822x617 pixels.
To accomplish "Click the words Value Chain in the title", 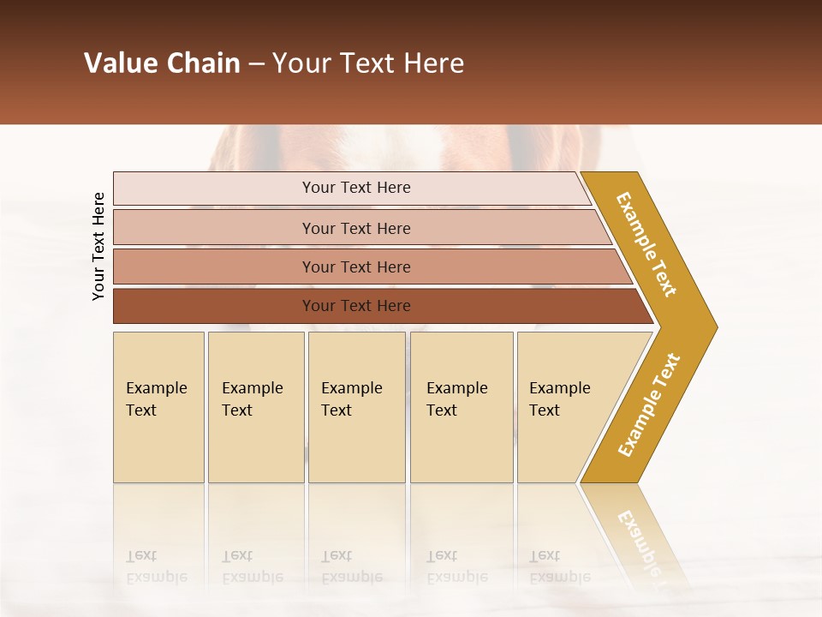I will (x=162, y=63).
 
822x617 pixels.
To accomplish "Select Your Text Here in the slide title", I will (x=368, y=63).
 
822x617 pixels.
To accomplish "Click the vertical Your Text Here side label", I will (x=98, y=246).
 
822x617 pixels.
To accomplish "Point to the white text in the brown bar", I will (x=356, y=306).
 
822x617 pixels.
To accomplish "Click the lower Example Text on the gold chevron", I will (x=649, y=405).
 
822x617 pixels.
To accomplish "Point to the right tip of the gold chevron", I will (x=715, y=326).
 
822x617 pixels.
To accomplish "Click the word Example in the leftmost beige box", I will (x=156, y=388).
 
